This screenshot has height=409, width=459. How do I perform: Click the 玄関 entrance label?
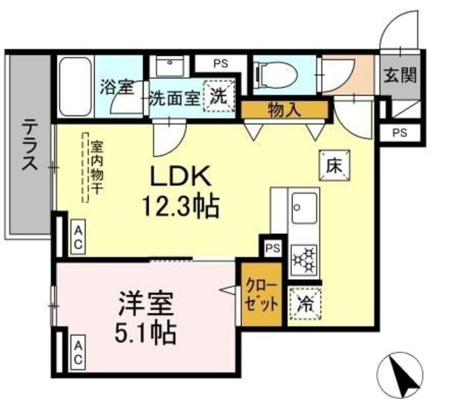click(399, 75)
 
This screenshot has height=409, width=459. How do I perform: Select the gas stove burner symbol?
click(304, 258)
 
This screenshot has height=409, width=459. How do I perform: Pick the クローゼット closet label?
click(259, 294)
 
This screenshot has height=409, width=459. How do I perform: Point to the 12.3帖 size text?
click(179, 207)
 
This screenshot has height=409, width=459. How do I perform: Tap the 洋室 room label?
click(146, 306)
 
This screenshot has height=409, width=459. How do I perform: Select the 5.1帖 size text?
click(147, 333)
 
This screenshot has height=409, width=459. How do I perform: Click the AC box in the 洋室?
click(77, 351)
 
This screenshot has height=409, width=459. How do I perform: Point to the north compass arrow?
click(402, 374)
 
